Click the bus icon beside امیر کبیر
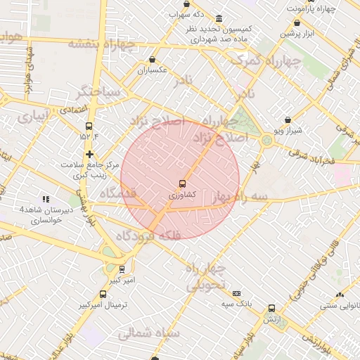(x=122, y=269)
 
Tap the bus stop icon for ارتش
(x=271, y=307)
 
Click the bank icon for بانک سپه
(x=236, y=293)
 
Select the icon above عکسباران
(x=153, y=60)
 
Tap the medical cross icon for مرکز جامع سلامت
(x=89, y=154)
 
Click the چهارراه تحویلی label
(x=207, y=277)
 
